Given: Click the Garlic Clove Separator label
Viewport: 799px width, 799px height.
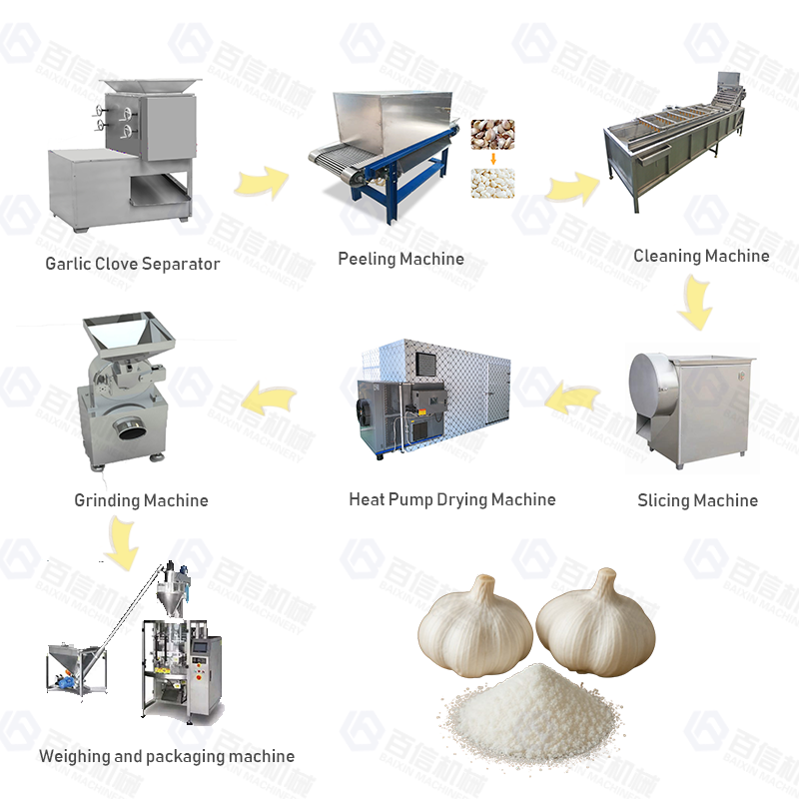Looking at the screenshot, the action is click(132, 264).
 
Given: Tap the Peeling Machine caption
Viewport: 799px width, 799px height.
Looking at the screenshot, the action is click(400, 259).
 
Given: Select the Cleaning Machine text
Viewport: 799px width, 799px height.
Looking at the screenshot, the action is click(701, 256).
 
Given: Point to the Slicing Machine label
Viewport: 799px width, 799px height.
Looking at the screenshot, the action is click(697, 500).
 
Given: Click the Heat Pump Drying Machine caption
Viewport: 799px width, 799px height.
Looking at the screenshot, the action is click(451, 499).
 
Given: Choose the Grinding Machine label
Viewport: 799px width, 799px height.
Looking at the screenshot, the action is click(141, 500).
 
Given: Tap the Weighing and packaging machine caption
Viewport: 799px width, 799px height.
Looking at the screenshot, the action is click(167, 756).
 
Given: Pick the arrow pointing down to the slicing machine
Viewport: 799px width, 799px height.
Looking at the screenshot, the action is click(695, 303).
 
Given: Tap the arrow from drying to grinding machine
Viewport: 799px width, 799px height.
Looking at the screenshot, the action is click(271, 399).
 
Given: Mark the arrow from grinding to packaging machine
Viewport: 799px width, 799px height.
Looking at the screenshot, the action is click(124, 542).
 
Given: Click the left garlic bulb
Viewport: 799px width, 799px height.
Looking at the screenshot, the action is click(475, 624).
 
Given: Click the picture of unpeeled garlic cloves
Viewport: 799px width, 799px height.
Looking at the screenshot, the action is click(492, 134).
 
